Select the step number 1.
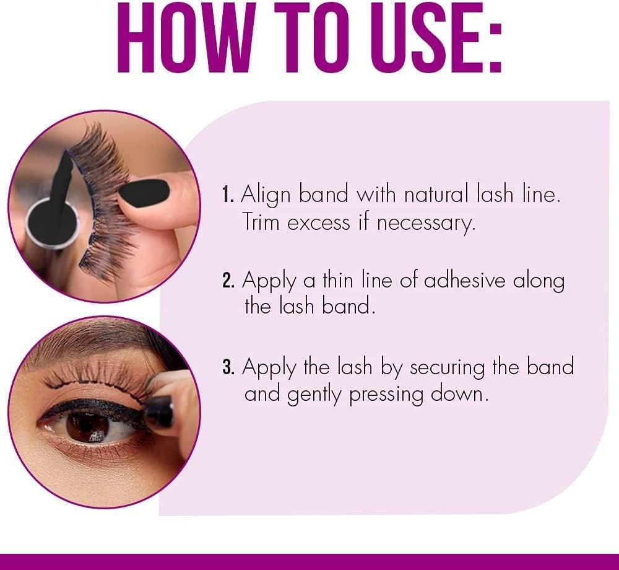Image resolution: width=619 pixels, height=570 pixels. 227,195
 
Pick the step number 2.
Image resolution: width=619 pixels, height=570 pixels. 228,281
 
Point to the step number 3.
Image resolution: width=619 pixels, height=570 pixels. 228,367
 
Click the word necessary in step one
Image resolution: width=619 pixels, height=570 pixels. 426,224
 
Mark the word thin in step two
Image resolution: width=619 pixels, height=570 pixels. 337,280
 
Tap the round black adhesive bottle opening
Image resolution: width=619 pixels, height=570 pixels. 51,219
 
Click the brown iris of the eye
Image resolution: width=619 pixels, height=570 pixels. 88,427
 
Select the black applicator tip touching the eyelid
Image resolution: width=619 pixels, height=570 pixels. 158,413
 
